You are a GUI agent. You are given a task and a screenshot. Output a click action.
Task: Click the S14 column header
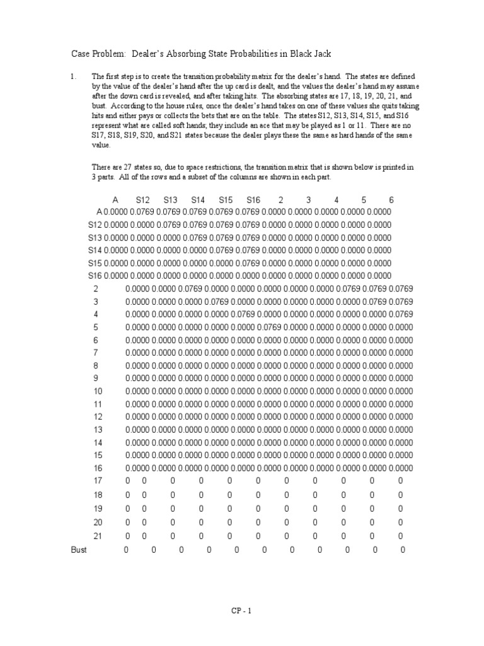(x=198, y=200)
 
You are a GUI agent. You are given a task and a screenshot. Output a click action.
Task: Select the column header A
(x=115, y=200)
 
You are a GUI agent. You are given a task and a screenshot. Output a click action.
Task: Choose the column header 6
(x=391, y=200)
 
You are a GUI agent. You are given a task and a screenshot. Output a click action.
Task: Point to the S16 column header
(x=253, y=200)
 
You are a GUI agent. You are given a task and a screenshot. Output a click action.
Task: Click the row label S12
(x=95, y=224)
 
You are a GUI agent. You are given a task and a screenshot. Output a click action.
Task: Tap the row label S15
(x=95, y=262)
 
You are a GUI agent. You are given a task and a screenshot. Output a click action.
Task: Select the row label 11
(x=96, y=404)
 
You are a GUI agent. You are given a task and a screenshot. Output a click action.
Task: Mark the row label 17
(x=96, y=481)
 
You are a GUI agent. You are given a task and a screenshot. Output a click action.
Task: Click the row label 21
(x=96, y=536)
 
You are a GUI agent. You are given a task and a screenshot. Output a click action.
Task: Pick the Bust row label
(x=79, y=549)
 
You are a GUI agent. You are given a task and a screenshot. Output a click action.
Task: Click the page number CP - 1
(x=242, y=610)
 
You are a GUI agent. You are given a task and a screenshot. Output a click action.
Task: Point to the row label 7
(x=96, y=352)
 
